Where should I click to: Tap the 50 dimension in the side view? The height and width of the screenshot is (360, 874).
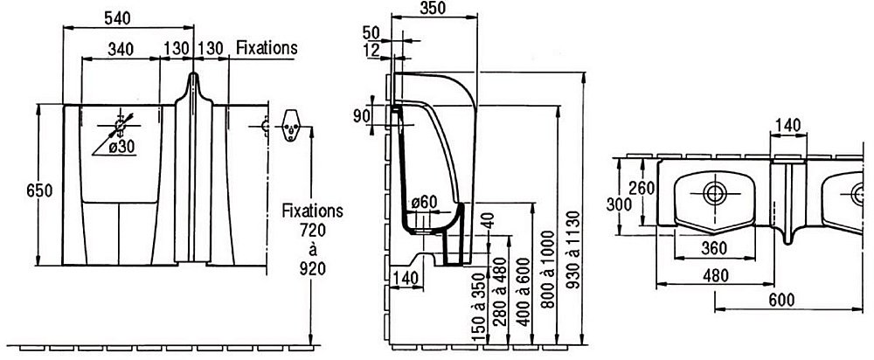click(371, 33)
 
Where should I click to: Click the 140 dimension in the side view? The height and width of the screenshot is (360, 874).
click(405, 278)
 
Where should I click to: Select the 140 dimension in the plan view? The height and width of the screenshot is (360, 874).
click(788, 127)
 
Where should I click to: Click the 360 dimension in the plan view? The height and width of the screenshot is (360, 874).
click(715, 248)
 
